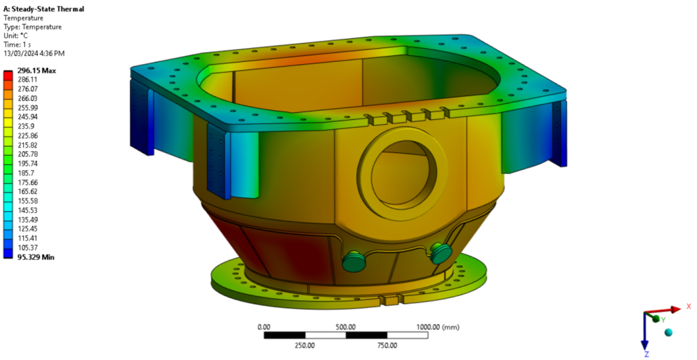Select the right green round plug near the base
tap(442, 253)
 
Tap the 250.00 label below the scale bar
tap(305, 345)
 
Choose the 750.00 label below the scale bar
tap(389, 345)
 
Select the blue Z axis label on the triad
tap(646, 354)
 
